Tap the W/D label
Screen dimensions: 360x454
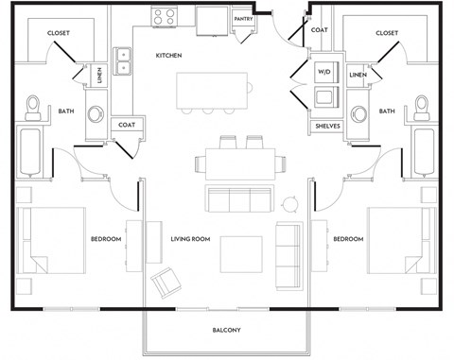coord(323,71)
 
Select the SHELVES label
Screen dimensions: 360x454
coord(327,126)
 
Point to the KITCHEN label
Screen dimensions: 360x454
coord(168,56)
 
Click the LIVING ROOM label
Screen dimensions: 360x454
coord(189,239)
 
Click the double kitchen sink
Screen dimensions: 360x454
coord(122,61)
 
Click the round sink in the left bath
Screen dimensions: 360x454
coord(96,115)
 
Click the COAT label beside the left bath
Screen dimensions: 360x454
coord(127,124)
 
